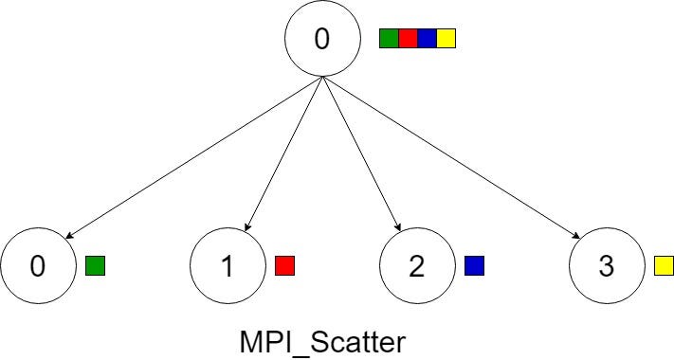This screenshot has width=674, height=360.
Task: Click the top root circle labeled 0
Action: pos(323,39)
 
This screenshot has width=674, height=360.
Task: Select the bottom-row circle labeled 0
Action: pos(38,266)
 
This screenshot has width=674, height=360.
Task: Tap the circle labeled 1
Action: pos(228,266)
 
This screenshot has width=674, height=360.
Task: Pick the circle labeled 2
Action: pos(417,266)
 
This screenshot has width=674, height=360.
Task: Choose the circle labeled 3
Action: pos(607,266)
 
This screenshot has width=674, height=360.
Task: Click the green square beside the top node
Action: pos(389,39)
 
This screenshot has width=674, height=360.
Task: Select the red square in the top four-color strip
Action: pos(408,39)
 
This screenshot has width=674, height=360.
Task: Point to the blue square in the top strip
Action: pos(427,39)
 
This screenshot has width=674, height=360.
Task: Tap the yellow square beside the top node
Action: pos(446,39)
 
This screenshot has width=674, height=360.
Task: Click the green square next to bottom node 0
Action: pos(95,265)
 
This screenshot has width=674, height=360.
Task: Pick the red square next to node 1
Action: pos(284,265)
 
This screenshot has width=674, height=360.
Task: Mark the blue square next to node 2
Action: pos(474,265)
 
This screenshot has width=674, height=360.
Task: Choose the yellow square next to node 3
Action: pos(664,265)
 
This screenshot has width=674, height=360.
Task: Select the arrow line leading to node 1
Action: pos(284,154)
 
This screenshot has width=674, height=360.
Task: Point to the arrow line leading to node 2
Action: pos(360,154)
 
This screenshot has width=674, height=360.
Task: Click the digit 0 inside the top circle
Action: pos(323,40)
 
